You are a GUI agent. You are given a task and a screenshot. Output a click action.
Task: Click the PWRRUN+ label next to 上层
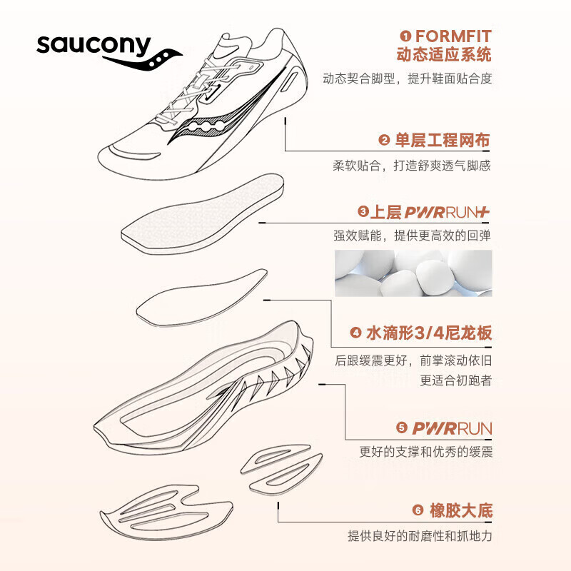448,212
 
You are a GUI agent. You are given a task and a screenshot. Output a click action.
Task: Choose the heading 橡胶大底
460,510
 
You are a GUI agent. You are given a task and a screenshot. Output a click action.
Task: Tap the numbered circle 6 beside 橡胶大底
418,511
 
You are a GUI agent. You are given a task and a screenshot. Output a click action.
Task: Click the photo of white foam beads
413,273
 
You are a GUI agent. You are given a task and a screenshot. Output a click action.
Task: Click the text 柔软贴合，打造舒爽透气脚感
412,166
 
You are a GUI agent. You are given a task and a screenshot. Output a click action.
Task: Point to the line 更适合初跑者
455,380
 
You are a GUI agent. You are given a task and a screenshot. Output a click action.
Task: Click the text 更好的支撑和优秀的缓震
425,452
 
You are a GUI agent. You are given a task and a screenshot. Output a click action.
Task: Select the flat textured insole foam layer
203,214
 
